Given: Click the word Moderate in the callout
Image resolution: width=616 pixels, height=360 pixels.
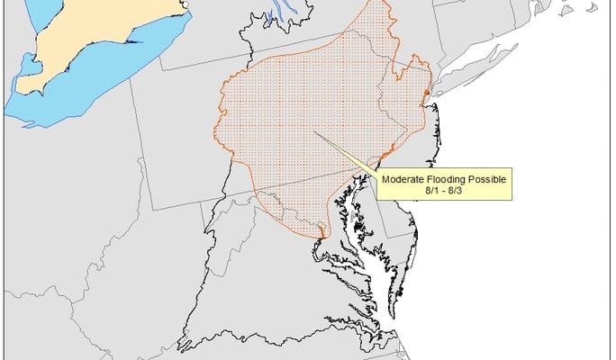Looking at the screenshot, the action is (x=403, y=179).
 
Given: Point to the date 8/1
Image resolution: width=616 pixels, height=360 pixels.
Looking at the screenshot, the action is (x=430, y=192).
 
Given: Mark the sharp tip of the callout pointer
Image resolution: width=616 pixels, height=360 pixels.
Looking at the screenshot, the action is (x=315, y=134).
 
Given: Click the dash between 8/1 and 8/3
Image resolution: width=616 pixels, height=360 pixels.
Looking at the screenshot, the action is (x=444, y=192).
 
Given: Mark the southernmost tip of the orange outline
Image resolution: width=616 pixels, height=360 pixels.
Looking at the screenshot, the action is (x=320, y=238).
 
